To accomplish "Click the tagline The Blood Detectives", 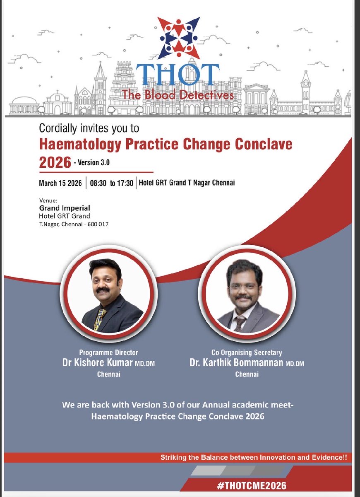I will click(178, 95).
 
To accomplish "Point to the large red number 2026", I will click(55, 162).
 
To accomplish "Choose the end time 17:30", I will click(125, 183).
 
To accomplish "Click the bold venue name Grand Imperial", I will click(65, 208).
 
